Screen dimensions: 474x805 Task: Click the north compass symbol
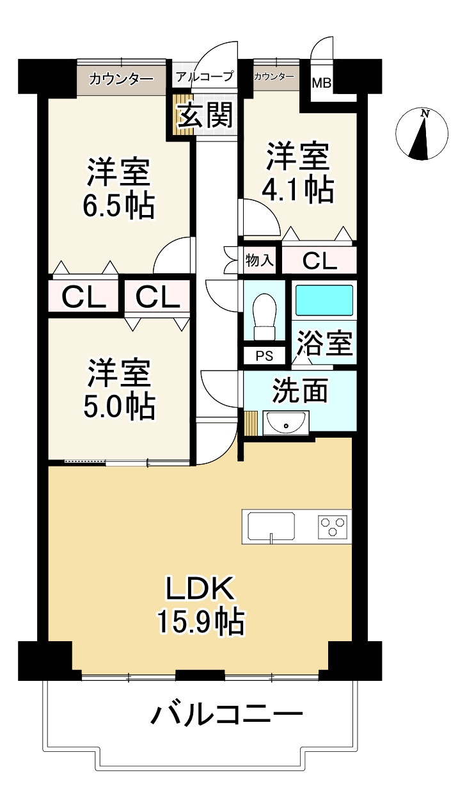tap(422, 133)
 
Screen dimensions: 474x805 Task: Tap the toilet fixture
tap(264, 317)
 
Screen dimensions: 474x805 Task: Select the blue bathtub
tap(324, 301)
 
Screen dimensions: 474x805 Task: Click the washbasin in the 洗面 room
tap(286, 423)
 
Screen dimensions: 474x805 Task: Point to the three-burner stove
tap(333, 527)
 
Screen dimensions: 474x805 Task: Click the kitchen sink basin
tap(271, 526)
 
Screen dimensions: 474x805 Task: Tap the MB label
tap(321, 83)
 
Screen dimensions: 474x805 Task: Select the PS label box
tap(264, 355)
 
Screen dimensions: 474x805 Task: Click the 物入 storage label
tap(260, 260)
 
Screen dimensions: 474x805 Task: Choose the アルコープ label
tap(205, 76)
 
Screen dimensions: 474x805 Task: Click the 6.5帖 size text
tap(119, 206)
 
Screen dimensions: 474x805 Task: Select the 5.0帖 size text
tap(120, 407)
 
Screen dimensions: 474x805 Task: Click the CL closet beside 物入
tap(319, 260)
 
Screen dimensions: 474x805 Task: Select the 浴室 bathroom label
tap(325, 343)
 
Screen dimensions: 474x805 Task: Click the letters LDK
tap(200, 588)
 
